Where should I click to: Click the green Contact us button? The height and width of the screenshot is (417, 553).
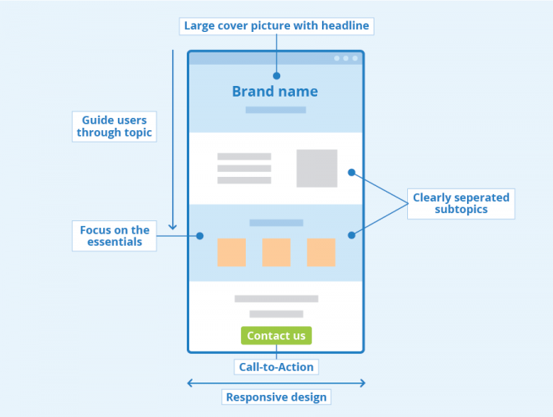276,335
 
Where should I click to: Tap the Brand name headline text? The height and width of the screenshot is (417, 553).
274,92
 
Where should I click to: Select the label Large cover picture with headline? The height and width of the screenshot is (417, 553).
276,26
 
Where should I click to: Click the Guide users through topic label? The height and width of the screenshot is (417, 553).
114,126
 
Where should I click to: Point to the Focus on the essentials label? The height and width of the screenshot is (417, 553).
114,236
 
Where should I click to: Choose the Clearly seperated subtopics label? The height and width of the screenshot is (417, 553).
460,203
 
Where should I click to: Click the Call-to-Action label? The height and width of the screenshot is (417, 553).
276,367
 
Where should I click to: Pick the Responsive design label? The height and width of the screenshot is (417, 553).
276,397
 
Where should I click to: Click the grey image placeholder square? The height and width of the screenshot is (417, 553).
316,168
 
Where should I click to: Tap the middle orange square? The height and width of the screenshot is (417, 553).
276,252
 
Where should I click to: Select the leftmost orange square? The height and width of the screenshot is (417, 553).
232,252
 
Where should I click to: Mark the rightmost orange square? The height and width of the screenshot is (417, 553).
321,252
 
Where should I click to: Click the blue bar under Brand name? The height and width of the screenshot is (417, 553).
275,110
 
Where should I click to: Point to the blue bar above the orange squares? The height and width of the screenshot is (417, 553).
276,223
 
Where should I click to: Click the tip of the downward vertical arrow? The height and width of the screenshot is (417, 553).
173,228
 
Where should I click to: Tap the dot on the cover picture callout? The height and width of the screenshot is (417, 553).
276,75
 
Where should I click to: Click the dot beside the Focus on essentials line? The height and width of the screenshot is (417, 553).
200,236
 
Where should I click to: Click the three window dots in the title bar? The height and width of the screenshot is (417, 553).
346,58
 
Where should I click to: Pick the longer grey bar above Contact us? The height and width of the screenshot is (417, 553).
276,299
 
